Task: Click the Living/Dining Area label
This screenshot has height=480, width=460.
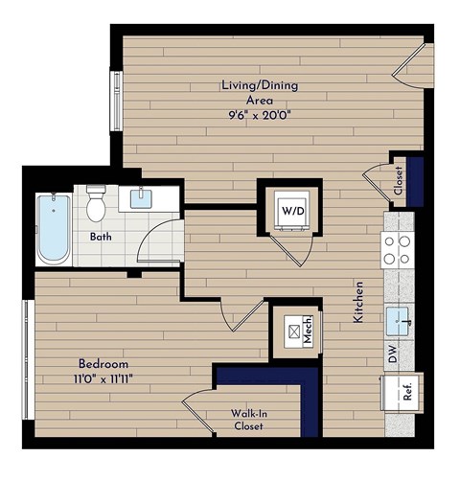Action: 259,92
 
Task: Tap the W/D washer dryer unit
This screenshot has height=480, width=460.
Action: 289,208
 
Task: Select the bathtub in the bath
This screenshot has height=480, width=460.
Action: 53,230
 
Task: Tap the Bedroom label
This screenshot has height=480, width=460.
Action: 103,364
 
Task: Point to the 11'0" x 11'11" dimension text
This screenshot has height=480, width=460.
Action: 103,378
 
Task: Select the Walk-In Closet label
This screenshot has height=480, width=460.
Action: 247,421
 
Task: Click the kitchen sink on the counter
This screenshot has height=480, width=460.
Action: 398,315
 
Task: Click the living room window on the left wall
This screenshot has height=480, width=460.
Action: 117,100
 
